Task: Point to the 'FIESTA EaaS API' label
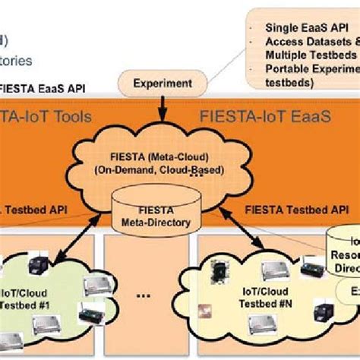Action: point(43,87)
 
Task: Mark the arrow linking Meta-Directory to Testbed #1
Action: point(85,242)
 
